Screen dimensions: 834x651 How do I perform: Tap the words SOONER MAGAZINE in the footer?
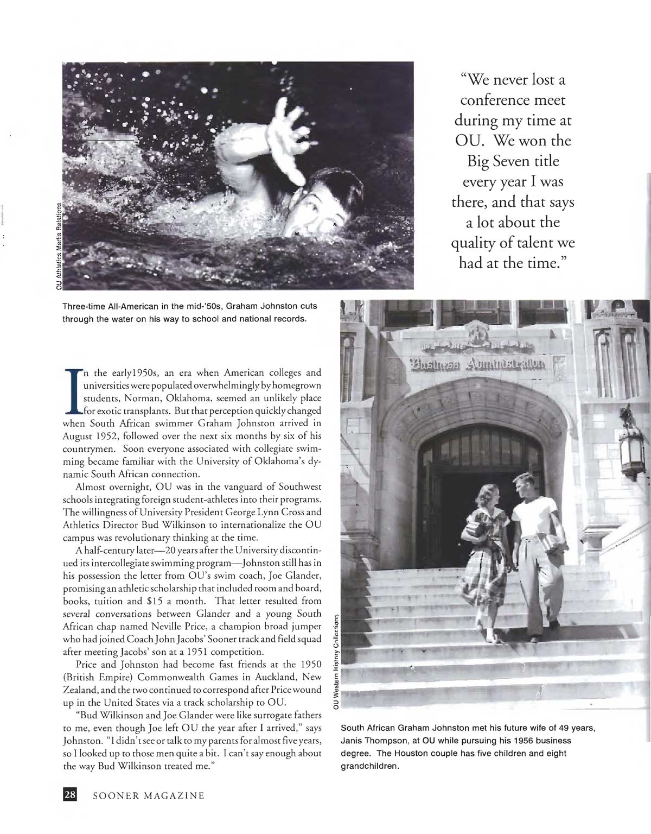(x=149, y=796)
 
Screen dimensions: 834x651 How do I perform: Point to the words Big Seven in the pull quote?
(x=513, y=161)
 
